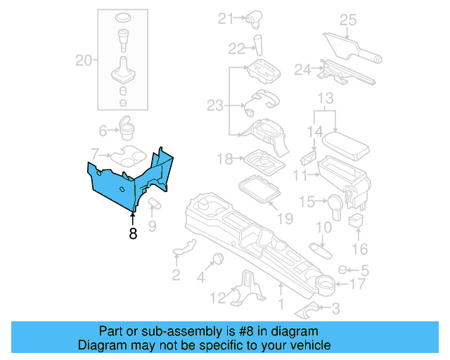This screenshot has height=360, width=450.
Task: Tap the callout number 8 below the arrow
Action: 133,233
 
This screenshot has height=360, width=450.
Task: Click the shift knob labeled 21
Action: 253,19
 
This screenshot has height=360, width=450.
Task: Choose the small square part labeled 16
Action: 357,221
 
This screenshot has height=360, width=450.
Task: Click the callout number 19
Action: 285,219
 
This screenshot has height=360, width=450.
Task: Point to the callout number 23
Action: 214,105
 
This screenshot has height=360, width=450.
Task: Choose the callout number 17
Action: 357,285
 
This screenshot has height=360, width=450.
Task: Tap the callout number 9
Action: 152,226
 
